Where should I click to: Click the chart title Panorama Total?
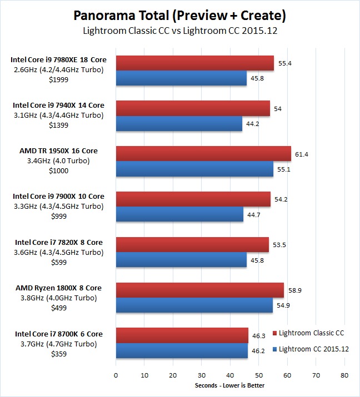click(x=180, y=14)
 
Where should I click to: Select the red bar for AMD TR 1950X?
click(x=203, y=154)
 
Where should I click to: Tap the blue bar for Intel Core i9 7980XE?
click(x=181, y=78)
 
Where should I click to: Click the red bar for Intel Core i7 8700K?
click(x=182, y=335)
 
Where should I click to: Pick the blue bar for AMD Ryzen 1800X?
click(x=194, y=305)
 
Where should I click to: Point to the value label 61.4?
click(x=302, y=154)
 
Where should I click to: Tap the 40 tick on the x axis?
click(x=230, y=375)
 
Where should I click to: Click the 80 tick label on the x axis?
click(x=344, y=375)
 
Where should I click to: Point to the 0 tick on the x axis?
click(x=116, y=375)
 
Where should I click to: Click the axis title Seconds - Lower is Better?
click(x=230, y=385)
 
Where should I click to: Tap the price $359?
click(x=58, y=353)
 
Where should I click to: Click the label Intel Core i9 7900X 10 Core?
click(x=58, y=196)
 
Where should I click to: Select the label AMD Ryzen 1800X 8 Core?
click(x=58, y=288)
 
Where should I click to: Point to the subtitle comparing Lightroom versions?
click(x=180, y=31)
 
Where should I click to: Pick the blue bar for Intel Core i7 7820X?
click(x=181, y=259)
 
